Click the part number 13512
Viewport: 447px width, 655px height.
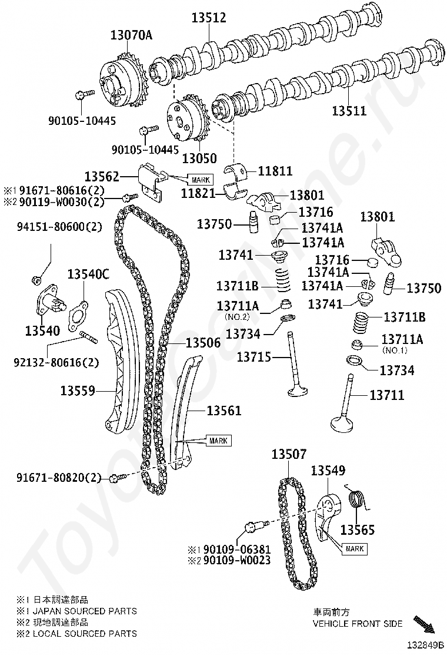[x=208, y=18]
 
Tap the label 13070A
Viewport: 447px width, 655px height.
[x=131, y=35]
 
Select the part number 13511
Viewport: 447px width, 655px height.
[x=349, y=110]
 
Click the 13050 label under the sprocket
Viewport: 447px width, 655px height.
[x=199, y=158]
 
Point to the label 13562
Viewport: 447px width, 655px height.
[x=102, y=176]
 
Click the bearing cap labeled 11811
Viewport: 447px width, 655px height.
[x=241, y=171]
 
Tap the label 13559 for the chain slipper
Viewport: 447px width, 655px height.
[x=78, y=390]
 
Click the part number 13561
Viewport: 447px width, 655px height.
[x=223, y=410]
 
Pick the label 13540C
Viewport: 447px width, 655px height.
[x=88, y=274]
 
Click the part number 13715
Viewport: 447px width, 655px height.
[x=255, y=356]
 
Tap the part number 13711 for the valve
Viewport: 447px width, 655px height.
[x=386, y=395]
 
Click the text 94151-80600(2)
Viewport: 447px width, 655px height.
[x=58, y=227]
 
